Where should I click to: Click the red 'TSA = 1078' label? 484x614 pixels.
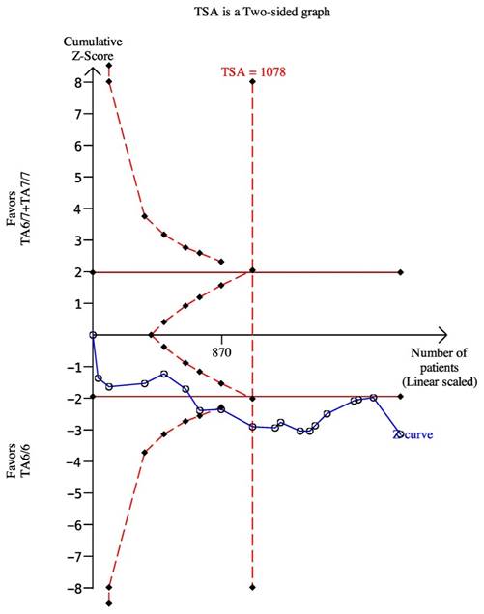click(253, 71)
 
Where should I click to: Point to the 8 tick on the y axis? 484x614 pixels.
click(81, 83)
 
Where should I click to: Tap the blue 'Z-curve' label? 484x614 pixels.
click(413, 435)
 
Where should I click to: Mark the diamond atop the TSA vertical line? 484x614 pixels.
click(253, 82)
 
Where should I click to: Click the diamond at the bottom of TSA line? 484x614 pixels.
click(253, 587)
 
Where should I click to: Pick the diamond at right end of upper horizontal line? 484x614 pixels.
click(400, 272)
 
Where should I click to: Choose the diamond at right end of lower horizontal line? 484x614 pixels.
click(400, 397)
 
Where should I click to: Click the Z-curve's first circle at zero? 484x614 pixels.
click(94, 335)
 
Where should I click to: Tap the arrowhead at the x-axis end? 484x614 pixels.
click(442, 335)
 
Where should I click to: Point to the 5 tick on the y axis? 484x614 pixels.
click(81, 178)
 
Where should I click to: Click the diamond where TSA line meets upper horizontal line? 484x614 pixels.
click(253, 271)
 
